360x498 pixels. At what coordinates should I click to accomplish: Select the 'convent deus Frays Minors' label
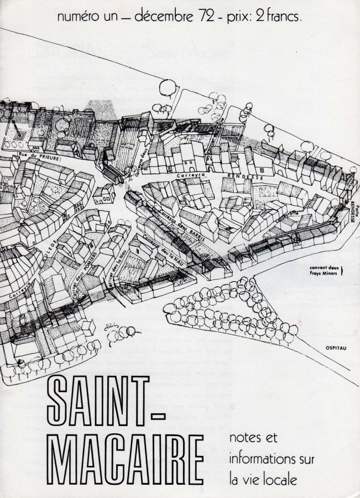(x=327, y=270)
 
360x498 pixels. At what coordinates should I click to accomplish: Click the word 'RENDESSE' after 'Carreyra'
(x=239, y=173)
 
